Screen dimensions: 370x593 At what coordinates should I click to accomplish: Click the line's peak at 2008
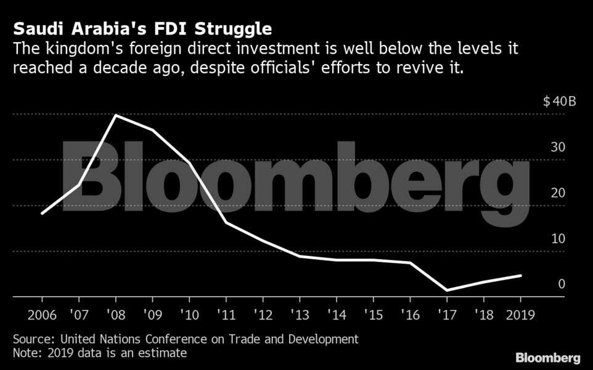116,115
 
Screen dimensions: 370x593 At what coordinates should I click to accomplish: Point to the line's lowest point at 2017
446,290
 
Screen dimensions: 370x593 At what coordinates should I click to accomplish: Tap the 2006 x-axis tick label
41,314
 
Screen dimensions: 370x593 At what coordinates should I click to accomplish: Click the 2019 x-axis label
520,314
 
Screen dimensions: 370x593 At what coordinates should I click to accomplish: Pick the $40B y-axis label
559,102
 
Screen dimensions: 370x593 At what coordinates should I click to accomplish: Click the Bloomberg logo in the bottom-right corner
547,358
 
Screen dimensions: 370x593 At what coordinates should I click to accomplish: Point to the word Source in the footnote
31,339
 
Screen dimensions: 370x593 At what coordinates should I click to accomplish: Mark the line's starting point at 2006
41,213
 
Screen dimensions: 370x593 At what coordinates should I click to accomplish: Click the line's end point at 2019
521,276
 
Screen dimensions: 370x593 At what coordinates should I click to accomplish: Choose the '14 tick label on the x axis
336,314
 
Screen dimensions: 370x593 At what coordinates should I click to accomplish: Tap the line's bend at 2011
226,222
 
